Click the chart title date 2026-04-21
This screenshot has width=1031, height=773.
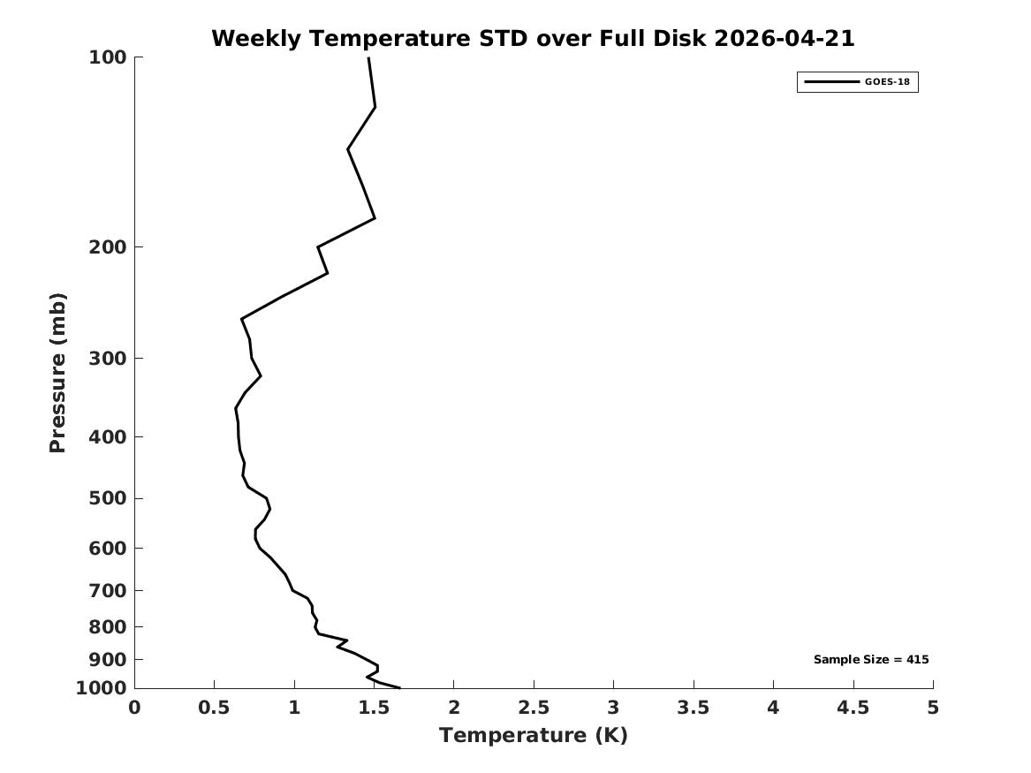click(784, 38)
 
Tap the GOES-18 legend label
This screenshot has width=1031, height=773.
click(887, 81)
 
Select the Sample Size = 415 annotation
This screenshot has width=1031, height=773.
click(871, 659)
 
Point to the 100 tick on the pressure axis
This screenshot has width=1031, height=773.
click(107, 57)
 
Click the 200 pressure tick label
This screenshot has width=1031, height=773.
click(107, 247)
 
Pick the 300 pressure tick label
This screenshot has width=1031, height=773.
click(107, 359)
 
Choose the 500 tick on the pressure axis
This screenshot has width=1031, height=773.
click(107, 498)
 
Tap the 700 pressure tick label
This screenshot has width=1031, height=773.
click(107, 590)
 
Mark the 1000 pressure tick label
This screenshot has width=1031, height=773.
click(102, 688)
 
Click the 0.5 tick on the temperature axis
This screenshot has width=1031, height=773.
click(215, 708)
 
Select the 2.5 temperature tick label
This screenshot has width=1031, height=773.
click(534, 708)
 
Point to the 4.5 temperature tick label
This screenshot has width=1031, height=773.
click(853, 708)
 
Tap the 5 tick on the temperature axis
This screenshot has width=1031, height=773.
click(933, 708)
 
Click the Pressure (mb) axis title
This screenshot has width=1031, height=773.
click(57, 373)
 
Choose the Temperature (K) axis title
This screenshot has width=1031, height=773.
click(534, 735)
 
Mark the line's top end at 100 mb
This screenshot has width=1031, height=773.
click(368, 57)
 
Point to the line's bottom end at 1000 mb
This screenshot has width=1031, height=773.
click(399, 687)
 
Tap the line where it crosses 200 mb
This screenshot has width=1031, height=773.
click(318, 247)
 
